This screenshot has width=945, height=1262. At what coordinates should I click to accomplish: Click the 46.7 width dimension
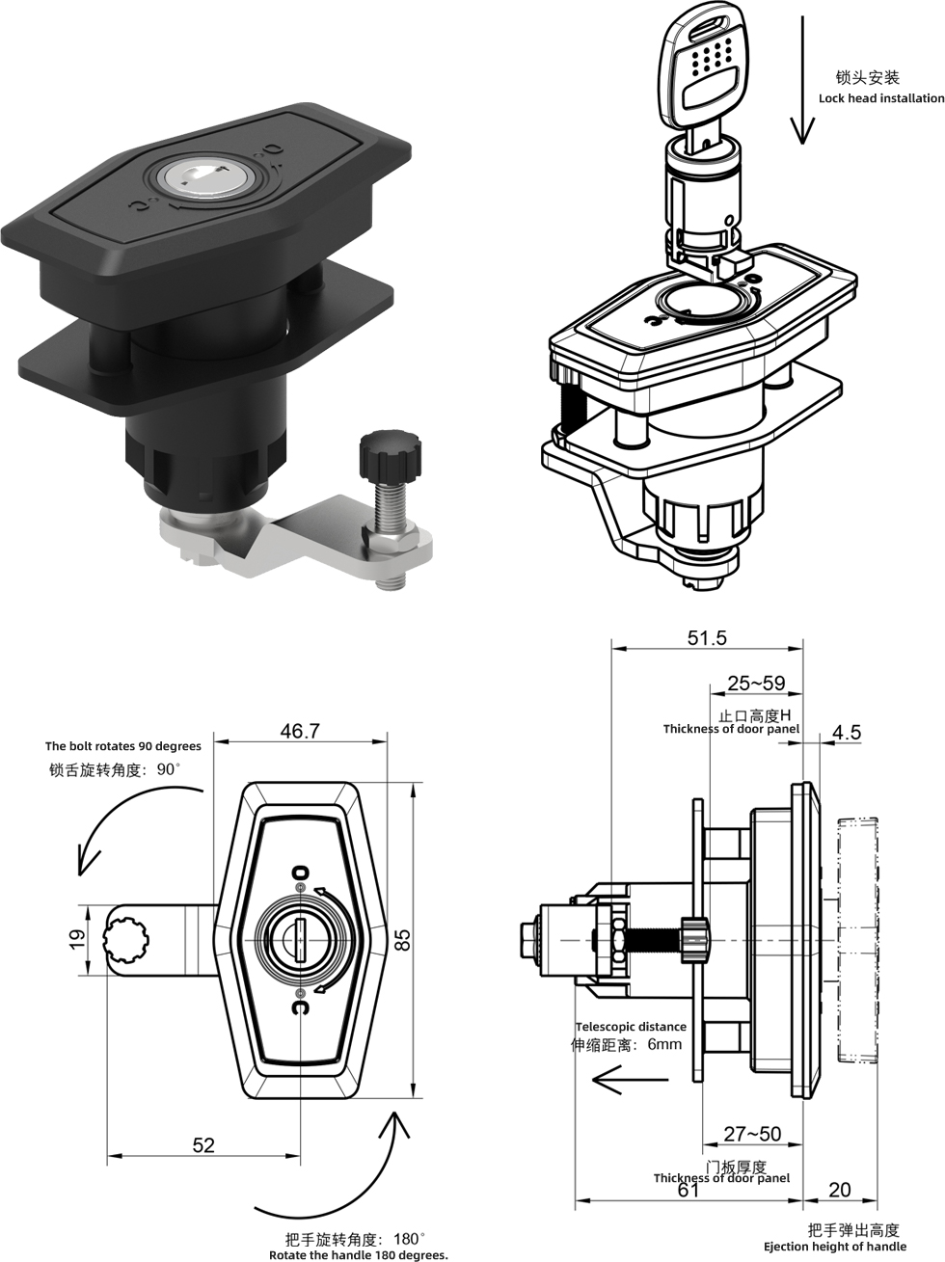[300, 732]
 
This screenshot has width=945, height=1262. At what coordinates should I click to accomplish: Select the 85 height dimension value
[404, 939]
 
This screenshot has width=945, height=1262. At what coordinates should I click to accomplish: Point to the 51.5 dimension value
[707, 637]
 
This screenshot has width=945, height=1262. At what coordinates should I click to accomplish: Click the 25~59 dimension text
[756, 684]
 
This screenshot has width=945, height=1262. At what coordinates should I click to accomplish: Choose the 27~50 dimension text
[752, 1134]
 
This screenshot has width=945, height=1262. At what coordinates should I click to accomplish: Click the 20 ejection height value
[840, 1190]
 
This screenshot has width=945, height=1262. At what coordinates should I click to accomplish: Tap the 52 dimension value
[203, 1144]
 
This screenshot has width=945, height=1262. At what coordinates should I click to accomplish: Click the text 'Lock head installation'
[881, 98]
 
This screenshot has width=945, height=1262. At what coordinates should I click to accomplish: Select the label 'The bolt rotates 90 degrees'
[123, 746]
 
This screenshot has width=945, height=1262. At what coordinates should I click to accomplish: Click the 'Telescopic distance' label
[631, 1027]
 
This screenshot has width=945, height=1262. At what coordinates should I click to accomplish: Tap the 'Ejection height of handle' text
[835, 1247]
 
